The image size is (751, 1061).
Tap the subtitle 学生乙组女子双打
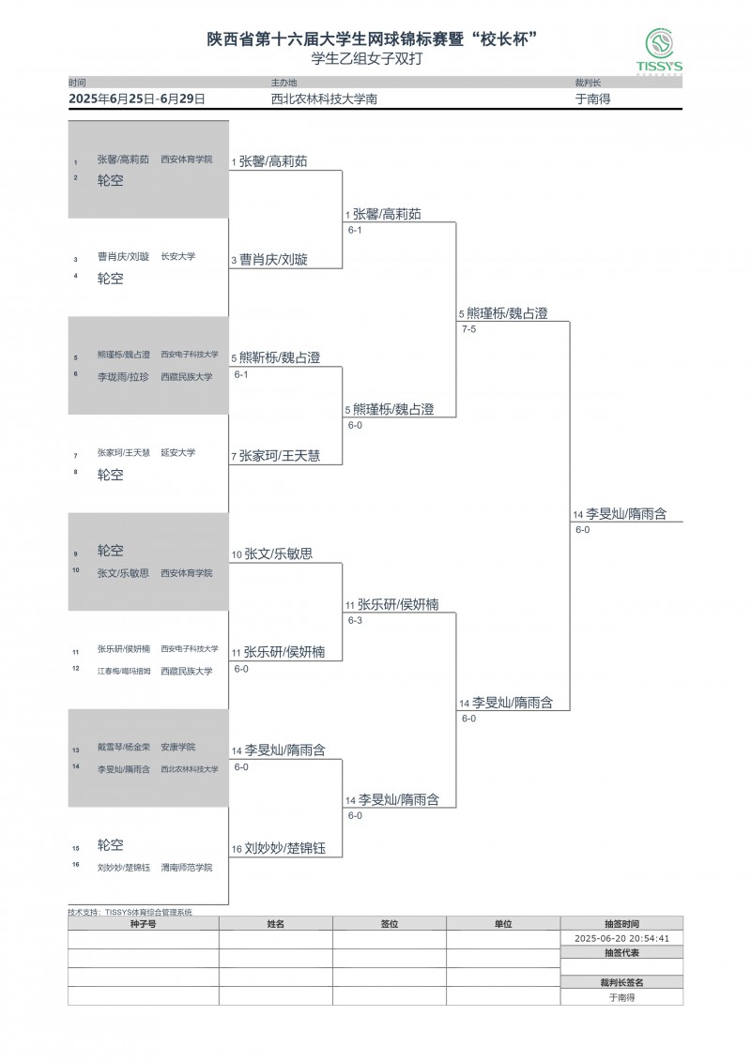375,58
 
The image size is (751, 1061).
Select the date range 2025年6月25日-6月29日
137,99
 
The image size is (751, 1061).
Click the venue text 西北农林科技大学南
324,99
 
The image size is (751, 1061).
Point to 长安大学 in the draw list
177,256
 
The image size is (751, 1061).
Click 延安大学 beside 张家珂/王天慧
177,452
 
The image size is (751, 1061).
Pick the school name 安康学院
177,747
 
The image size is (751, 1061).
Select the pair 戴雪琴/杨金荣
123,747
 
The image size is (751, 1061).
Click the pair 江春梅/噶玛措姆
123,671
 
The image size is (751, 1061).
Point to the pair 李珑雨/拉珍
123,376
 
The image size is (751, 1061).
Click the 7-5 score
468,329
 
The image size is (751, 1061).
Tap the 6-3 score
355,620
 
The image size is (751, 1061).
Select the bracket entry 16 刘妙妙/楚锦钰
284,848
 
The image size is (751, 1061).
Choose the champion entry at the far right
625,514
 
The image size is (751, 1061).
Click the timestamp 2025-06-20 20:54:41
621,937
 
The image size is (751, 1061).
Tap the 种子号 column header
143,924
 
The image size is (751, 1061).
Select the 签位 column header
389,924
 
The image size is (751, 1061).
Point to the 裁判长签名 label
621,982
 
